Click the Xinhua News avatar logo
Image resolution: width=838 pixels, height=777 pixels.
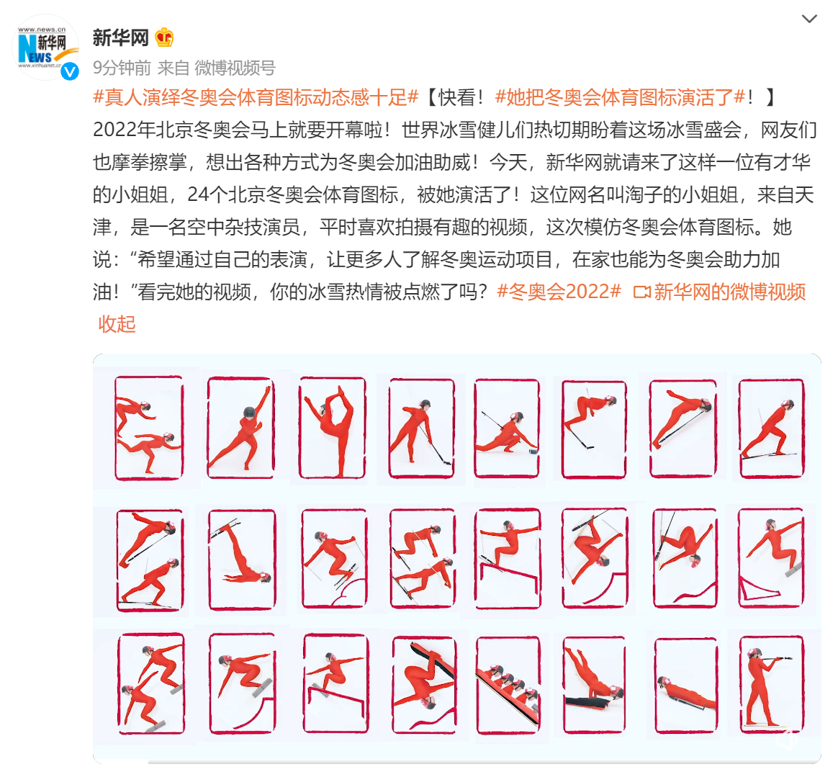pos(45,47)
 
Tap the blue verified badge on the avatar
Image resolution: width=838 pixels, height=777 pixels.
pos(70,71)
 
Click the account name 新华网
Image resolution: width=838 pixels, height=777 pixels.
pos(120,37)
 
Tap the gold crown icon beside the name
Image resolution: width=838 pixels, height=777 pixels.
pos(164,37)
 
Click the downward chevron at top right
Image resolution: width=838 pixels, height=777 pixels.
pos(809,19)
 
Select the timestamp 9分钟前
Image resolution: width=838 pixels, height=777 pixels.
pos(122,68)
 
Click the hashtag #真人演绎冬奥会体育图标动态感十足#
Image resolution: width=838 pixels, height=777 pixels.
pos(256,97)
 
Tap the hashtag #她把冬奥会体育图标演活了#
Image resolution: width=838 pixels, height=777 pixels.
pos(620,97)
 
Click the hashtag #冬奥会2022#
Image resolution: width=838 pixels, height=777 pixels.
pos(559,292)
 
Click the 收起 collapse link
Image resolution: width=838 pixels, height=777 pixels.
pos(117,324)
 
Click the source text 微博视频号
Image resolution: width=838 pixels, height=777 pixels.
pos(235,68)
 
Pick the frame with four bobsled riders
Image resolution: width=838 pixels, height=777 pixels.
pos(508,686)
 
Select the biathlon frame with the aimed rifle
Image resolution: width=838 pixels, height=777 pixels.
pos(772,684)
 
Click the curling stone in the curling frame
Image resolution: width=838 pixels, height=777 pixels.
pos(533,452)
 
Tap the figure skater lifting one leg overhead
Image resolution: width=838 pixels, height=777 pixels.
pos(333,428)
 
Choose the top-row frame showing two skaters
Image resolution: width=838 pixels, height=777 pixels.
pos(149,428)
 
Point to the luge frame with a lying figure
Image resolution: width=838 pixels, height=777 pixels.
pos(686,686)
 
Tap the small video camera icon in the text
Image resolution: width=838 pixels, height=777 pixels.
pos(641,292)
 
